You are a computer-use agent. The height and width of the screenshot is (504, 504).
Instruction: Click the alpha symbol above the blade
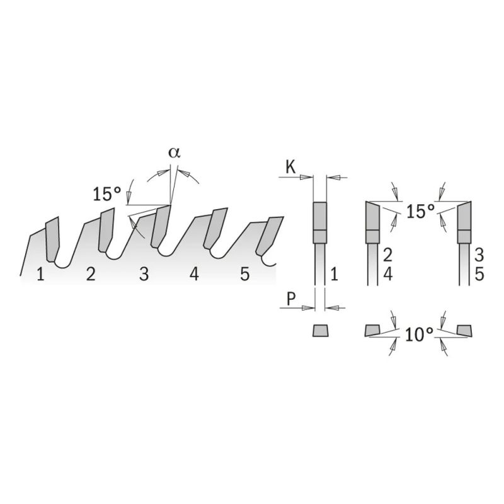[x=175, y=153]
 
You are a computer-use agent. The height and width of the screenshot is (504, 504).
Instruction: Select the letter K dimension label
[x=290, y=168]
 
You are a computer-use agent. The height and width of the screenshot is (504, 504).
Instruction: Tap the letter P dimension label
[x=290, y=299]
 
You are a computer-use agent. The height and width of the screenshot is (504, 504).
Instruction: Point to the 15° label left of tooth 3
[x=106, y=195]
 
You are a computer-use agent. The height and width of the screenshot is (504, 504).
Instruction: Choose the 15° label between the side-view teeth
[x=420, y=211]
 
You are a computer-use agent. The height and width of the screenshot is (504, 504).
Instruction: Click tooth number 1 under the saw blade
[x=40, y=275]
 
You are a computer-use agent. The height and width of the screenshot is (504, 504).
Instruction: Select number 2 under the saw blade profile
[x=91, y=275]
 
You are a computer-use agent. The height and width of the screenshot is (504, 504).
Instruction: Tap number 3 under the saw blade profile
[x=144, y=275]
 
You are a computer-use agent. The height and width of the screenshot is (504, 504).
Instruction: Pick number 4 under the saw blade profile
[x=194, y=275]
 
